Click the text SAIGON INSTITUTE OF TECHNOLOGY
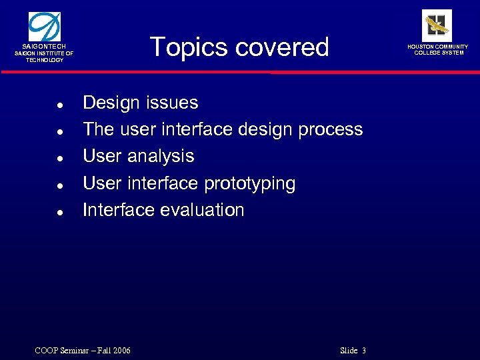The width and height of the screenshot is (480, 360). coord(45,57)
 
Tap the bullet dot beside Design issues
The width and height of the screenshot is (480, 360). coord(60,105)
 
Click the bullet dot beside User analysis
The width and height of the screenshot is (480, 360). coord(60,159)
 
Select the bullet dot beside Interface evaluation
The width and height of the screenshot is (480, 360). coord(60,213)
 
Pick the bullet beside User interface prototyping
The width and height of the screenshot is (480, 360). coord(60,186)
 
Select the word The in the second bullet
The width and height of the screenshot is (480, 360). coord(97,129)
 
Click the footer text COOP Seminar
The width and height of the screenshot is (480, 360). coord(59,351)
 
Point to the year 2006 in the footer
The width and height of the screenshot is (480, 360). coord(121,351)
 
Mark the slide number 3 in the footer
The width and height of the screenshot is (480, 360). coord(364,351)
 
